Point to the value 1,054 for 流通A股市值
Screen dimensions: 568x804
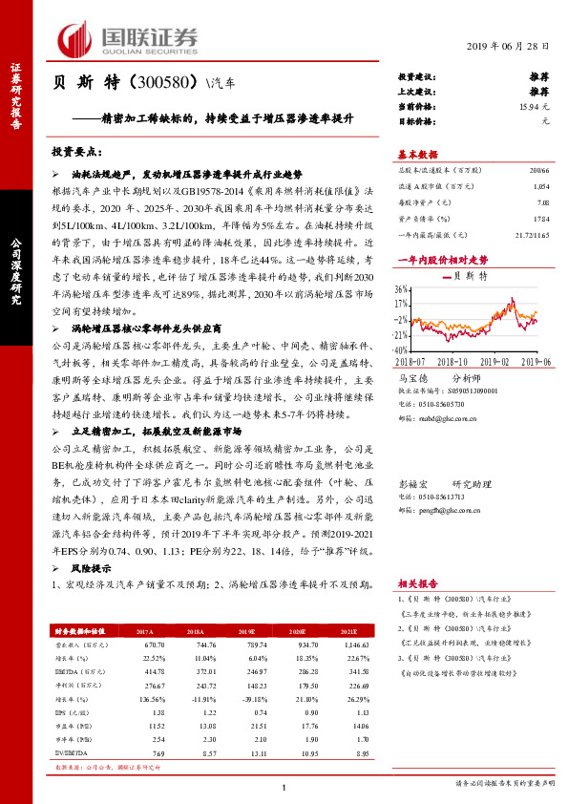[x=542, y=186]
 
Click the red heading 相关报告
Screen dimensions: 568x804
[x=417, y=582]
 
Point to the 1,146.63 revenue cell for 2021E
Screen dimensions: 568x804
[x=355, y=645]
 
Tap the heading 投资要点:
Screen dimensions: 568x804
[x=76, y=152]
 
